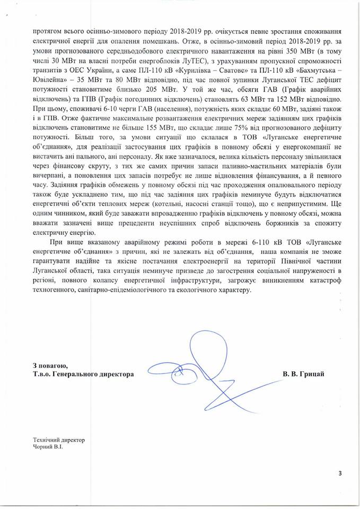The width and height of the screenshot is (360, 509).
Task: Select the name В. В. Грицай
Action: pos(303,374)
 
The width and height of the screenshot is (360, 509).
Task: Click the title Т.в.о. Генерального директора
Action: pos(83,374)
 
